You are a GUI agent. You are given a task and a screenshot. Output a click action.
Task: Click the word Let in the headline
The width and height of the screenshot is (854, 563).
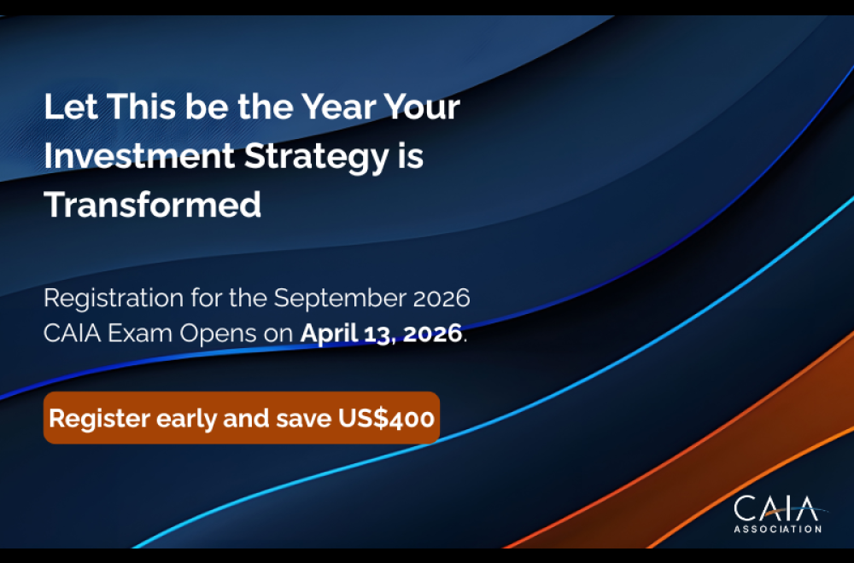coord(65,108)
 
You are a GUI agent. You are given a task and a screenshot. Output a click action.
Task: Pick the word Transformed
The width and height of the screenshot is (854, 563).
coord(153,206)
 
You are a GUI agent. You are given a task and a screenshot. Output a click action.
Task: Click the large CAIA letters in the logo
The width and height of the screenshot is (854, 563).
coord(775,509)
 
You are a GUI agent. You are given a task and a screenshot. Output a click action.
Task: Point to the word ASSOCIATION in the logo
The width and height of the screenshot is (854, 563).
coord(777,529)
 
